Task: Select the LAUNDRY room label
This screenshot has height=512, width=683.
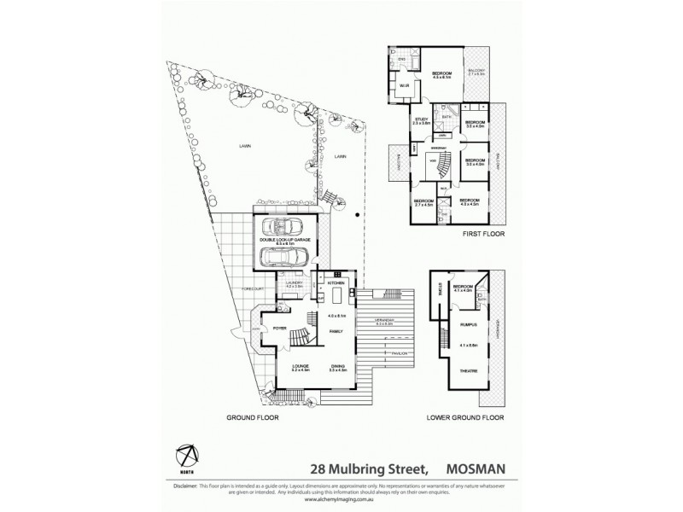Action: (x=293, y=282)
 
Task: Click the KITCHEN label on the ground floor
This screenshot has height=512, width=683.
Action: (x=336, y=282)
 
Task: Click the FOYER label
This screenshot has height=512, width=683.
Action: (x=279, y=328)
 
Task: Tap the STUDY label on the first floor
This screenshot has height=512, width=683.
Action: (x=420, y=119)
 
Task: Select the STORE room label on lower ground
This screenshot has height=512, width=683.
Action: (x=439, y=289)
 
